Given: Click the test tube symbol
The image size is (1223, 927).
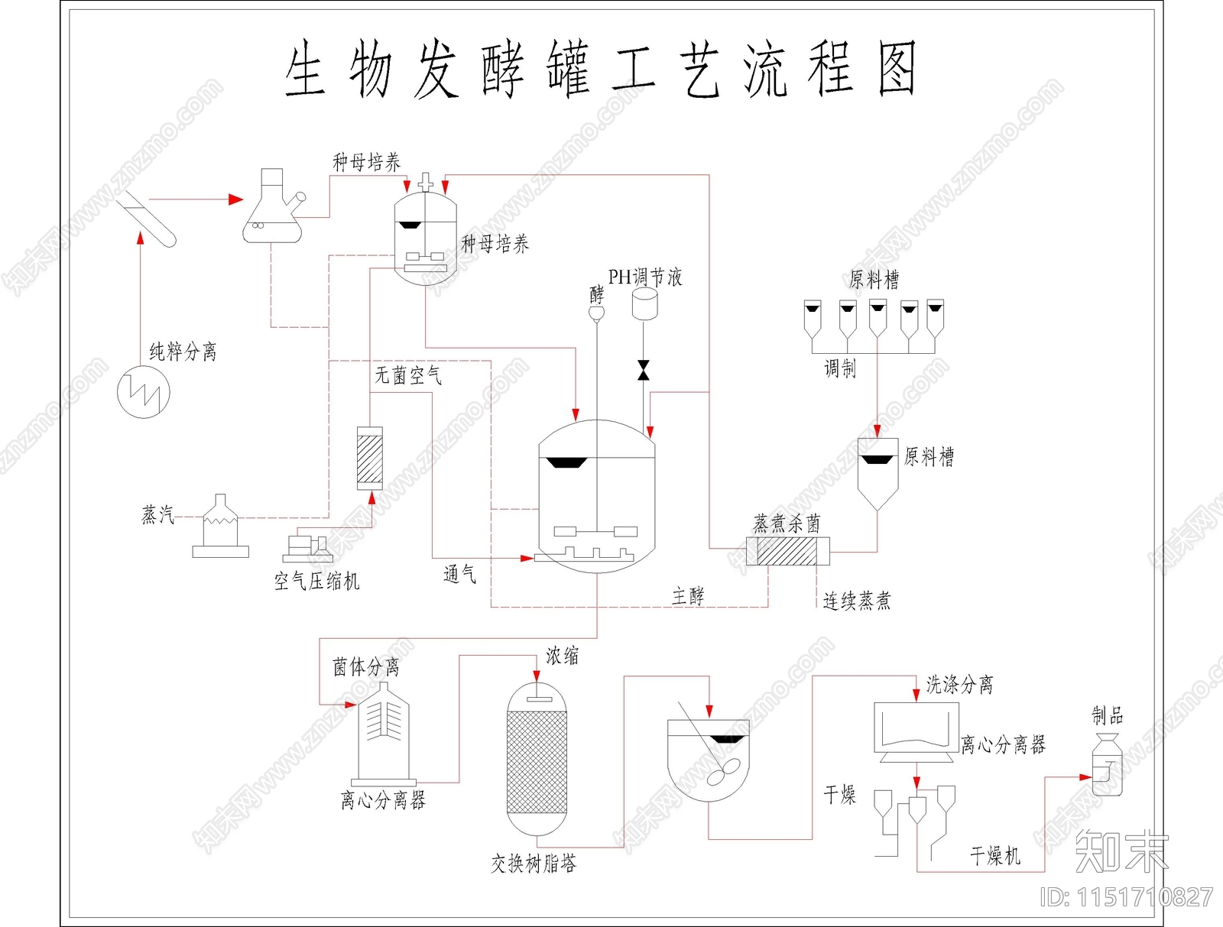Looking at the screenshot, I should coord(148,219).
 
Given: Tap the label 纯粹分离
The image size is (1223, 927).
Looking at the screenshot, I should coord(183,352).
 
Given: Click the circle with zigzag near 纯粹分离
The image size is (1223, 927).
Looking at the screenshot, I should coord(144,392).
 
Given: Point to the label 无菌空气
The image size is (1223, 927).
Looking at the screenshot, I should coord(408,375).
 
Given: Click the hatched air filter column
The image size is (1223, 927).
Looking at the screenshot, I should coord(370,458).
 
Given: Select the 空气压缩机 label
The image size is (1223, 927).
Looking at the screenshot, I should coord(316,582).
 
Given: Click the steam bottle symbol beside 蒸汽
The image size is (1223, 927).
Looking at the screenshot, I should coord(220,527).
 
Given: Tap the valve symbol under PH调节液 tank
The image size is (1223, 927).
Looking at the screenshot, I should coord(644,370).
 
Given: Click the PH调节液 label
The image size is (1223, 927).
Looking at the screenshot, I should coord(645,277).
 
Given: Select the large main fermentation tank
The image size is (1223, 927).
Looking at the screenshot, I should coord(597,497).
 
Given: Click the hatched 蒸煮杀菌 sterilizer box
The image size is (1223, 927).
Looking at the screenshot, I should coord(788,551).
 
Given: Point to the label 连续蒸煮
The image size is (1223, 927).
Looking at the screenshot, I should coord(857,601).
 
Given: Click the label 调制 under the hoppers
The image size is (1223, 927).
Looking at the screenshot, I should coord(840,369).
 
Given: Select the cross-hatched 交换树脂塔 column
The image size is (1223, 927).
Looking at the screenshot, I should coord(537,762).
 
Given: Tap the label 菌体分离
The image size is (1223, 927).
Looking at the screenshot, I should coord(366,667).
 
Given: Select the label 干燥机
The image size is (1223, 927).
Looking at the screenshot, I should coord(995,856).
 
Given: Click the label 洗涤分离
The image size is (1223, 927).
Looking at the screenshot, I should coord(960,685).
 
